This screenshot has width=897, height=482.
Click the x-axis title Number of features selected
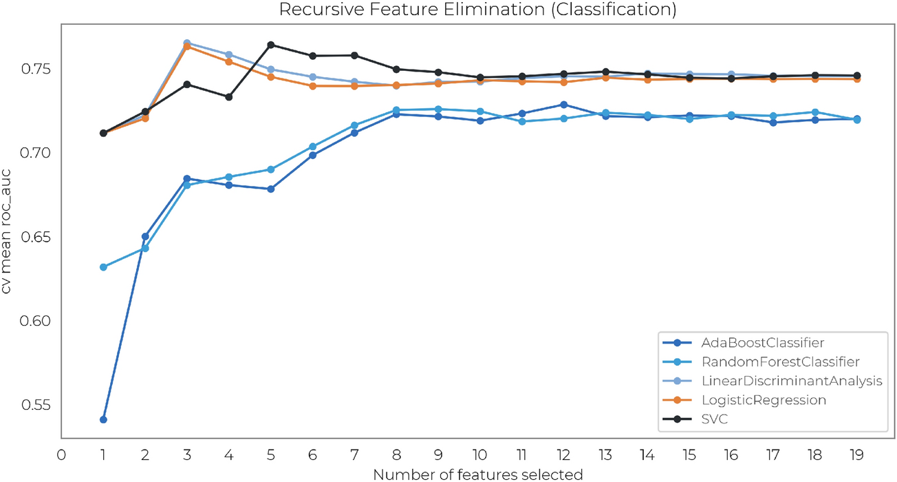(477, 474)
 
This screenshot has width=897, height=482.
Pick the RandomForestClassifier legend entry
(770, 361)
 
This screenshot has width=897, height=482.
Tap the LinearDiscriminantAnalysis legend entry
(780, 381)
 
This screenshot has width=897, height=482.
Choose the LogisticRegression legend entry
(764, 400)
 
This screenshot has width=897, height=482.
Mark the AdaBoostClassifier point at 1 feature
(103, 419)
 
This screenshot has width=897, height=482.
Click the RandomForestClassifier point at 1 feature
(103, 266)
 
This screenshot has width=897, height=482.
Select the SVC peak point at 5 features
(271, 45)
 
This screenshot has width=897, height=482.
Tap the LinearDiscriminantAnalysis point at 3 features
(187, 43)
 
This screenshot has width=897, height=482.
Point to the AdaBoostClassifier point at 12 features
(564, 105)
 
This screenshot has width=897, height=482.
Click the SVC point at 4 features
(229, 96)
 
